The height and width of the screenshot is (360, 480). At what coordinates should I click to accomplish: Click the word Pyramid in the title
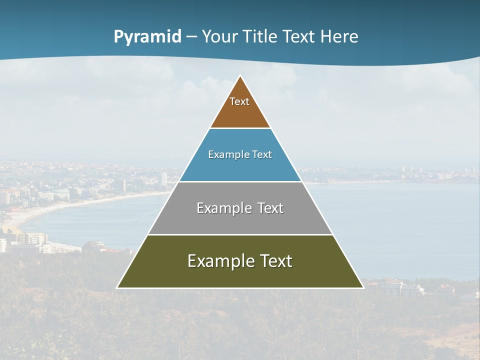coord(147,37)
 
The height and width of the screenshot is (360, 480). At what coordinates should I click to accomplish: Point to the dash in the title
coord(191,37)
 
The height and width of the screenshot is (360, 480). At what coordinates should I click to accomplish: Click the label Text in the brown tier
coord(239,101)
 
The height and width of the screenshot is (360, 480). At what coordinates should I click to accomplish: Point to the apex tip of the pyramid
coord(240,76)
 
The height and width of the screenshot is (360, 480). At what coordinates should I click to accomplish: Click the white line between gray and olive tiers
coord(240,234)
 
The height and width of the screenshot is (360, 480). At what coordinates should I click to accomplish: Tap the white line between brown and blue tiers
coord(240,128)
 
